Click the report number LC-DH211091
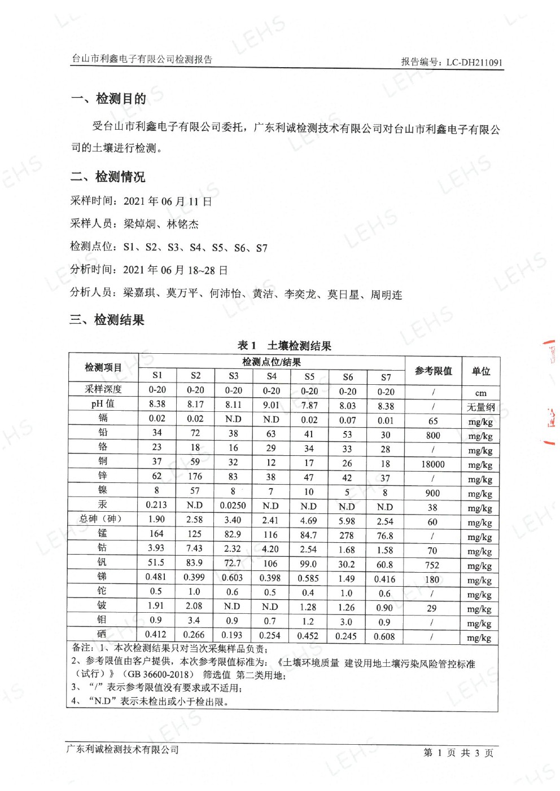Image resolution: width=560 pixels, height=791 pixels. pyautogui.click(x=474, y=63)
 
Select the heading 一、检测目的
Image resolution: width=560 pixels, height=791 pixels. pyautogui.click(x=109, y=99)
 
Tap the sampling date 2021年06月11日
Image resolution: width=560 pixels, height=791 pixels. pyautogui.click(x=168, y=201)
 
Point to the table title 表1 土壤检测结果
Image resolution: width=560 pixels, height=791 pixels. pyautogui.click(x=284, y=345)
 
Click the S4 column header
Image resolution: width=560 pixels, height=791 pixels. pyautogui.click(x=272, y=376)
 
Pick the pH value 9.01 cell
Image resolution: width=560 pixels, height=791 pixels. pyautogui.click(x=271, y=405)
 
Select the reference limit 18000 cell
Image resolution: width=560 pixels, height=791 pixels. pyautogui.click(x=433, y=464)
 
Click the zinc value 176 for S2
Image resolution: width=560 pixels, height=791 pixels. pyautogui.click(x=195, y=476)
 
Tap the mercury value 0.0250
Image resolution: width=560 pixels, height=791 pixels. pyautogui.click(x=233, y=506)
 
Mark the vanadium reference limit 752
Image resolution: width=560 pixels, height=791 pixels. pyautogui.click(x=432, y=565)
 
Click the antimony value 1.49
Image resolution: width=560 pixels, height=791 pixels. pyautogui.click(x=347, y=578)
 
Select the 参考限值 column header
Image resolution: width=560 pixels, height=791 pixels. pyautogui.click(x=433, y=371)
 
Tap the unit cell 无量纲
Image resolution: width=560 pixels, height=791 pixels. pyautogui.click(x=480, y=407)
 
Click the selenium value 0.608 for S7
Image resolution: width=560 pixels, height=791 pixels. pyautogui.click(x=384, y=636)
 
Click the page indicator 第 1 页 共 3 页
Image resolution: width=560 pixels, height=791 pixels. pyautogui.click(x=458, y=753)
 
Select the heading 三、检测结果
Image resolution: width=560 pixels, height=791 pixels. pyautogui.click(x=107, y=320)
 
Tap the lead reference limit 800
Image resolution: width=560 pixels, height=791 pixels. pyautogui.click(x=433, y=436)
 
